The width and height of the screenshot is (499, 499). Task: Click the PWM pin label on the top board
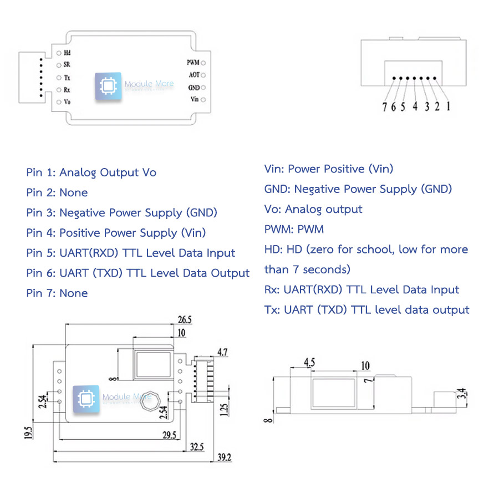pos(192,63)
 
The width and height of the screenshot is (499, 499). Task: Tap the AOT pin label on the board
pos(194,75)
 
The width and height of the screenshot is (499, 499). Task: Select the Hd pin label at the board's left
pos(67,53)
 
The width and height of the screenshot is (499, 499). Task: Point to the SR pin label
pos(67,65)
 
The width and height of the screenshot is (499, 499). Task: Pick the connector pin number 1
pos(448,105)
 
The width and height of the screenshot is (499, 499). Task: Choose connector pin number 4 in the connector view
pos(415,106)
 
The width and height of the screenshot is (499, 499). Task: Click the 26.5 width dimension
pos(184,320)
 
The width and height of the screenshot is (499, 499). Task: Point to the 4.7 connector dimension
pos(222,352)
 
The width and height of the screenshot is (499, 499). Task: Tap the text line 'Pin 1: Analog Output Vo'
pos(91,172)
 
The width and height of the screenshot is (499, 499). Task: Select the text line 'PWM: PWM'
pos(294,229)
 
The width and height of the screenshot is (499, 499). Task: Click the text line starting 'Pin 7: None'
pos(57,293)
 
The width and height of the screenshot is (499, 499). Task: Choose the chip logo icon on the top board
pos(107,86)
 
